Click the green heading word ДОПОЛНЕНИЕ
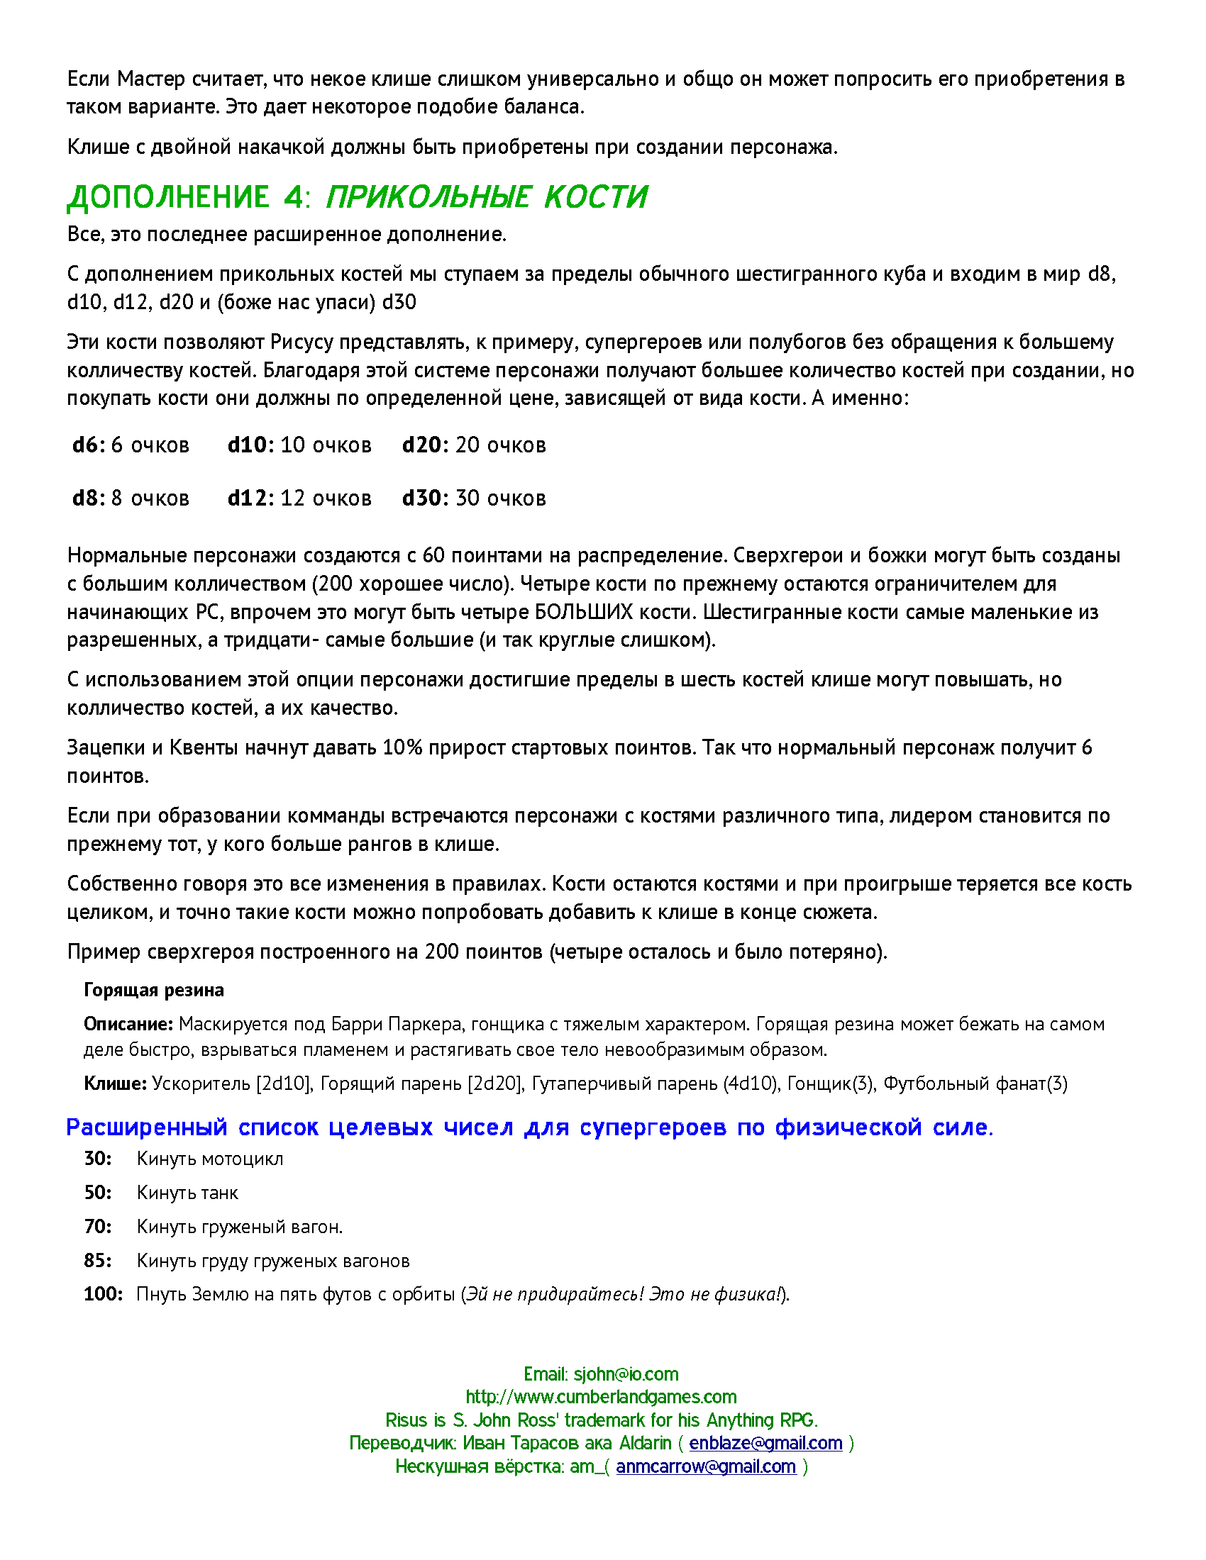click(x=169, y=197)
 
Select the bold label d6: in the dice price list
click(x=89, y=445)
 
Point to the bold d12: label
click(x=250, y=498)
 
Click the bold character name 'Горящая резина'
click(x=154, y=990)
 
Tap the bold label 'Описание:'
click(x=128, y=1025)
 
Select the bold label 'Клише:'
click(x=115, y=1083)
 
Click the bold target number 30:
click(x=98, y=1159)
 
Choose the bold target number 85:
click(x=98, y=1260)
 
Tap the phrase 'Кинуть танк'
click(x=187, y=1193)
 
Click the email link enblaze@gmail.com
click(x=765, y=1443)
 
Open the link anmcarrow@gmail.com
click(x=706, y=1466)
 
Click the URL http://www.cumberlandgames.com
click(x=601, y=1396)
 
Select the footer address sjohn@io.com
click(x=626, y=1374)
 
